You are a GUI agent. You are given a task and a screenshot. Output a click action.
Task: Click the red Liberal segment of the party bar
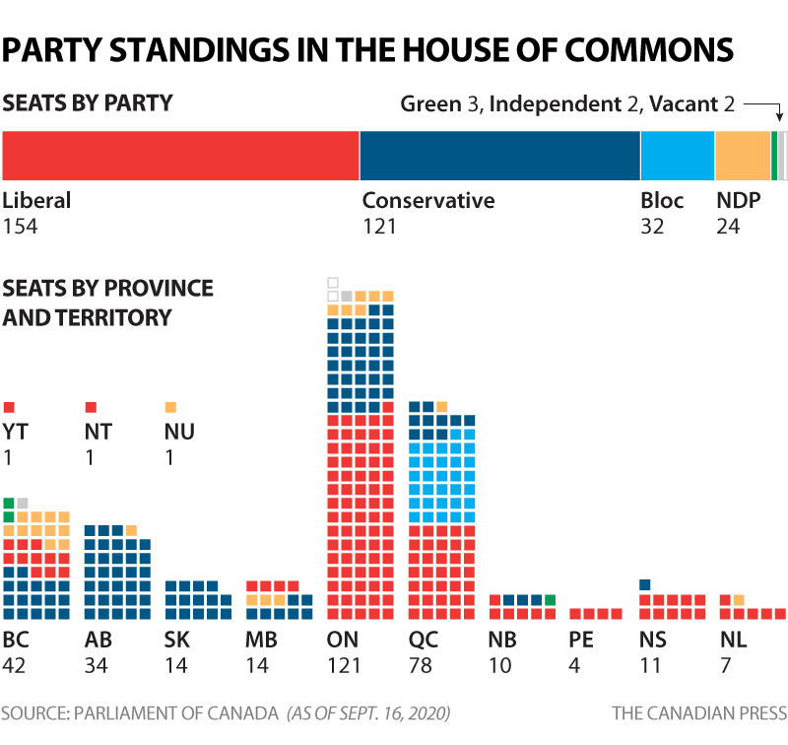(180, 156)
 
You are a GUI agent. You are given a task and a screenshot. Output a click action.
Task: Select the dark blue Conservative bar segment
(499, 156)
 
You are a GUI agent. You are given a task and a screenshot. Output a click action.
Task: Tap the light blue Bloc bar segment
(677, 156)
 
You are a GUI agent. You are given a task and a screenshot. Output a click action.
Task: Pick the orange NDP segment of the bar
(742, 156)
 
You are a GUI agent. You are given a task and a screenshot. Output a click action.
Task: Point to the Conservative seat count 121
(378, 226)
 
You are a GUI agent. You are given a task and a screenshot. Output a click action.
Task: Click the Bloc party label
(662, 201)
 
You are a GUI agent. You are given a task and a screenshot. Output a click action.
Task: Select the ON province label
(343, 641)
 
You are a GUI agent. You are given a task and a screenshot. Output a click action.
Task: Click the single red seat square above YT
(9, 407)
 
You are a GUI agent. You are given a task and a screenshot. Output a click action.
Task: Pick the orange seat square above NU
(170, 407)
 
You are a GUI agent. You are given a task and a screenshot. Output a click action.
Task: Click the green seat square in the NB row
(551, 599)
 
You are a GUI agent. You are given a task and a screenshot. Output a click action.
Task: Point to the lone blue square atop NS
(645, 585)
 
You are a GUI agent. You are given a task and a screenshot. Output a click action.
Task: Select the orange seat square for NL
(739, 599)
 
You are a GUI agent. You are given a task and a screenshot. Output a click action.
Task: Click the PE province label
(581, 641)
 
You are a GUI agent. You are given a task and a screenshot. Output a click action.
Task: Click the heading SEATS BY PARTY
(88, 102)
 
